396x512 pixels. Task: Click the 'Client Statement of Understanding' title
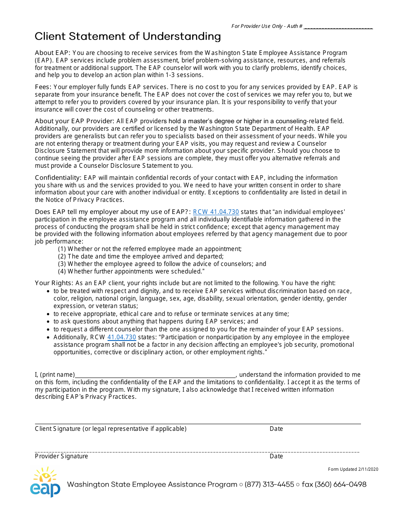coord(128,37)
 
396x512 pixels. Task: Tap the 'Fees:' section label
coord(43,87)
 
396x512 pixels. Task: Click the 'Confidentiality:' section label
coord(59,178)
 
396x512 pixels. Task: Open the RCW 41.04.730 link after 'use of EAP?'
coord(216,212)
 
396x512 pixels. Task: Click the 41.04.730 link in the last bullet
coord(122,337)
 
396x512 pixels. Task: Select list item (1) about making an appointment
coord(150,249)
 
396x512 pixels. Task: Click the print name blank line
coord(155,375)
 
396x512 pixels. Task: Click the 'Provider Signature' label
coord(61,456)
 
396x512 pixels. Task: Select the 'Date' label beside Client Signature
coord(276,429)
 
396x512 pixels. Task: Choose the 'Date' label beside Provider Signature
coord(276,456)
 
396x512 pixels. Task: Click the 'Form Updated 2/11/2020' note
coord(353,469)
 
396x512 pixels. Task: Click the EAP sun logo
coord(45,482)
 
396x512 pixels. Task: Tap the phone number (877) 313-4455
coord(269,485)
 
